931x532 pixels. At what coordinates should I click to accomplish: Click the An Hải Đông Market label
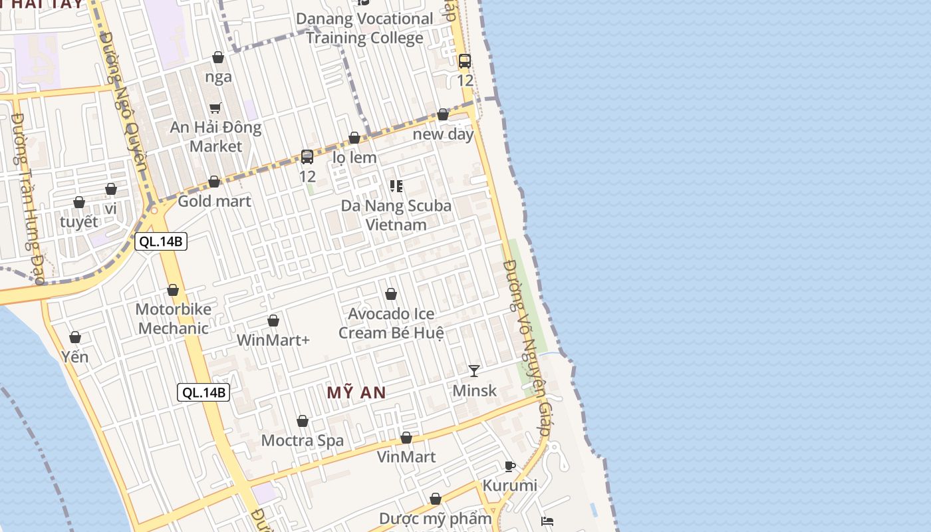(215, 136)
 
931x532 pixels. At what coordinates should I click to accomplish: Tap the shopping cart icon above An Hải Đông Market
(215, 108)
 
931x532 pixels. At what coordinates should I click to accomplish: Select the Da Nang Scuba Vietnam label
(396, 215)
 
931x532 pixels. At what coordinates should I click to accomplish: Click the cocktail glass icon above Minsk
(473, 370)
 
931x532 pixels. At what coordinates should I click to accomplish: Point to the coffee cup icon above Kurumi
(510, 466)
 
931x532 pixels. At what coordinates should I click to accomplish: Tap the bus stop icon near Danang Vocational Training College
(465, 61)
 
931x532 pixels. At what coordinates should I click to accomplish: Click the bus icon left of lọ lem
(307, 157)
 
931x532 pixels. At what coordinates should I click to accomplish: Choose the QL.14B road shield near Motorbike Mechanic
(161, 241)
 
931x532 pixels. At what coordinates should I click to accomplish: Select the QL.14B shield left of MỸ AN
(203, 392)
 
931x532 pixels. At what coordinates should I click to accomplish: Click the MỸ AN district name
(356, 392)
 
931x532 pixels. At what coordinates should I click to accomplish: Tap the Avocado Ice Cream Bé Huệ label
(391, 323)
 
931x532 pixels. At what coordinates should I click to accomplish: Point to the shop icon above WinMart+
(273, 321)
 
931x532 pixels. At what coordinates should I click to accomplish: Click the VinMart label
(406, 457)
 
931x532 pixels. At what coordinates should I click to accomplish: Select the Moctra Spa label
(303, 440)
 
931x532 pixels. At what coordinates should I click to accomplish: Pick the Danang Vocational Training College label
(364, 28)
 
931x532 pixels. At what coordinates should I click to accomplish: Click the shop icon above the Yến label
(75, 338)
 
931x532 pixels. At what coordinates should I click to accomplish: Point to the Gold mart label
(215, 201)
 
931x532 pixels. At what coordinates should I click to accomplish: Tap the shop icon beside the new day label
(443, 115)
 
